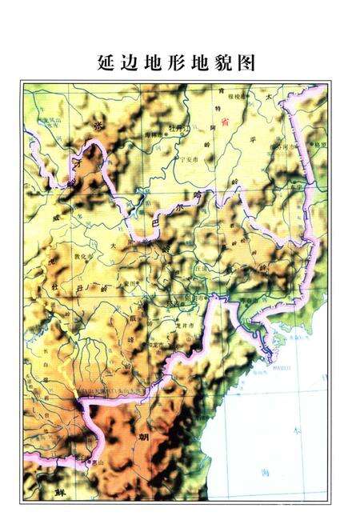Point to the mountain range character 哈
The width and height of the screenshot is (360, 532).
coord(188,194)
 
